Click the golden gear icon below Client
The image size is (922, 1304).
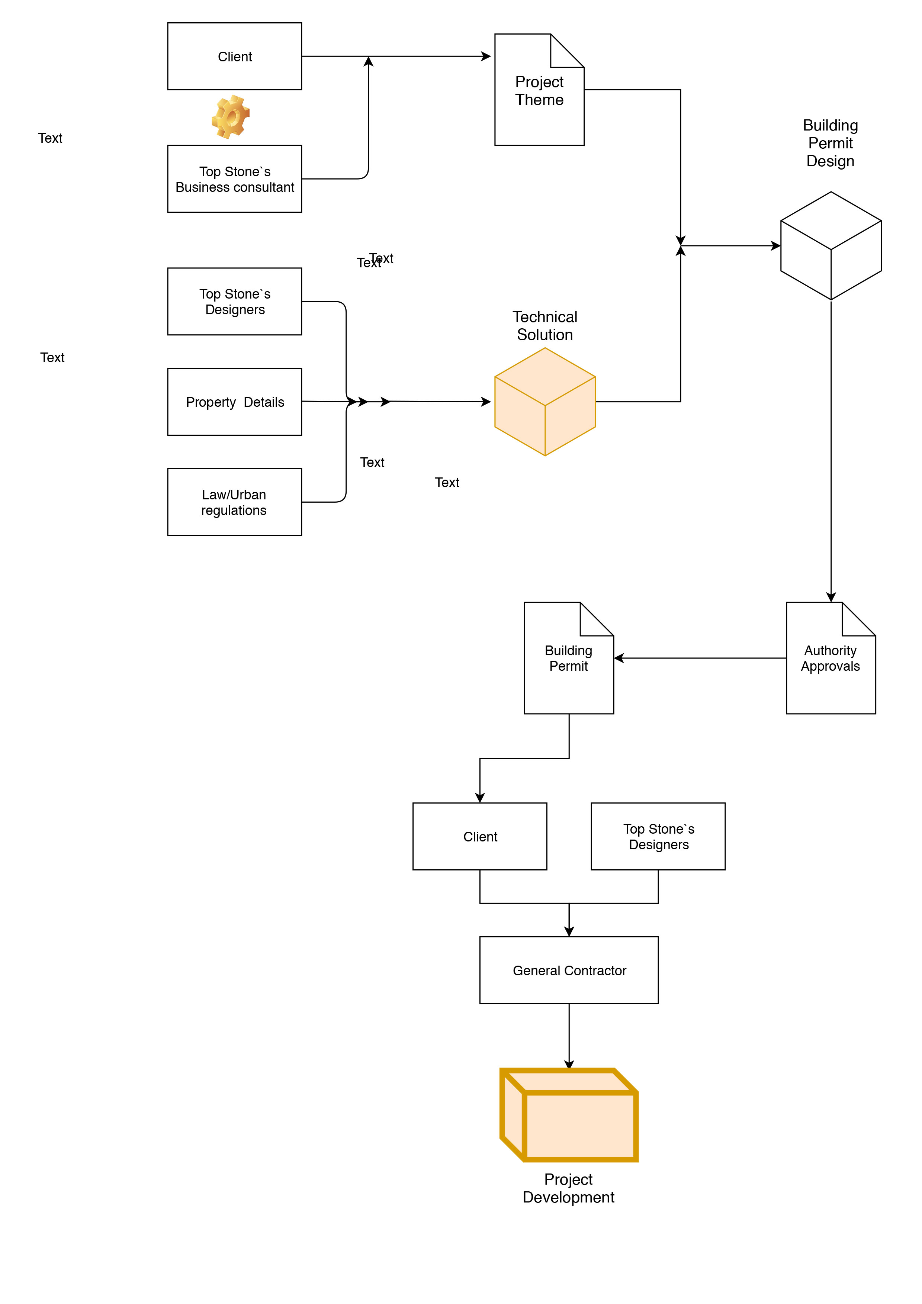click(231, 117)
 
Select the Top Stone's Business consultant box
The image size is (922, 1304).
click(235, 179)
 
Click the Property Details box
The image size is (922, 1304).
click(235, 402)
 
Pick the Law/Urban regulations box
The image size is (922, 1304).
click(235, 502)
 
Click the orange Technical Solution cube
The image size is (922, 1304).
click(545, 402)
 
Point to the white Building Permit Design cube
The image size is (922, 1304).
click(831, 245)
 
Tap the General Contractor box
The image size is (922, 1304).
click(569, 970)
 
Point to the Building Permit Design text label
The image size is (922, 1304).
click(830, 143)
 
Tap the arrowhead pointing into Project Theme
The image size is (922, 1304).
click(486, 56)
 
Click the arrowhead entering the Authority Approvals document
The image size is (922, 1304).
click(831, 598)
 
